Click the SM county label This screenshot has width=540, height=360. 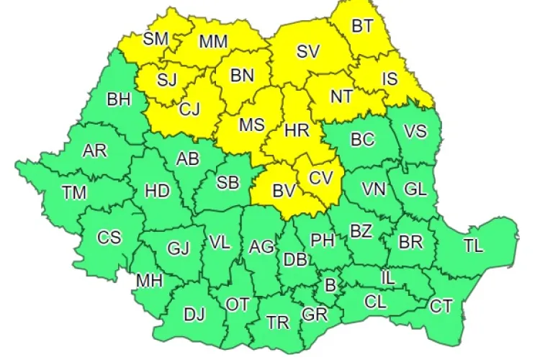[155, 39]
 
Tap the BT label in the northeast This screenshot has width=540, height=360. [362, 26]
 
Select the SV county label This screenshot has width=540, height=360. [307, 52]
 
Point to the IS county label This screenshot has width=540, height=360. [390, 79]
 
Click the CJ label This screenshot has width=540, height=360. [189, 109]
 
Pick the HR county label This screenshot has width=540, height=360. [297, 130]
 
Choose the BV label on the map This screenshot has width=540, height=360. [284, 191]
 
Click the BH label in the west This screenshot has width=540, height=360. [119, 99]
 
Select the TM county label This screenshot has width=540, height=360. [73, 192]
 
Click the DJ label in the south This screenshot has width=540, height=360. [194, 314]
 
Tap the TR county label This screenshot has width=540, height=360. [278, 323]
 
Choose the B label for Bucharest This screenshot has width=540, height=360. [330, 285]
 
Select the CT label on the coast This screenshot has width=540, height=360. [441, 307]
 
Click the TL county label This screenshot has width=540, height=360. [473, 245]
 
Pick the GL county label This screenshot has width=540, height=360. [415, 189]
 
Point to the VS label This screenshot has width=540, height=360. [415, 132]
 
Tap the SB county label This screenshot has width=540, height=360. [228, 183]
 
